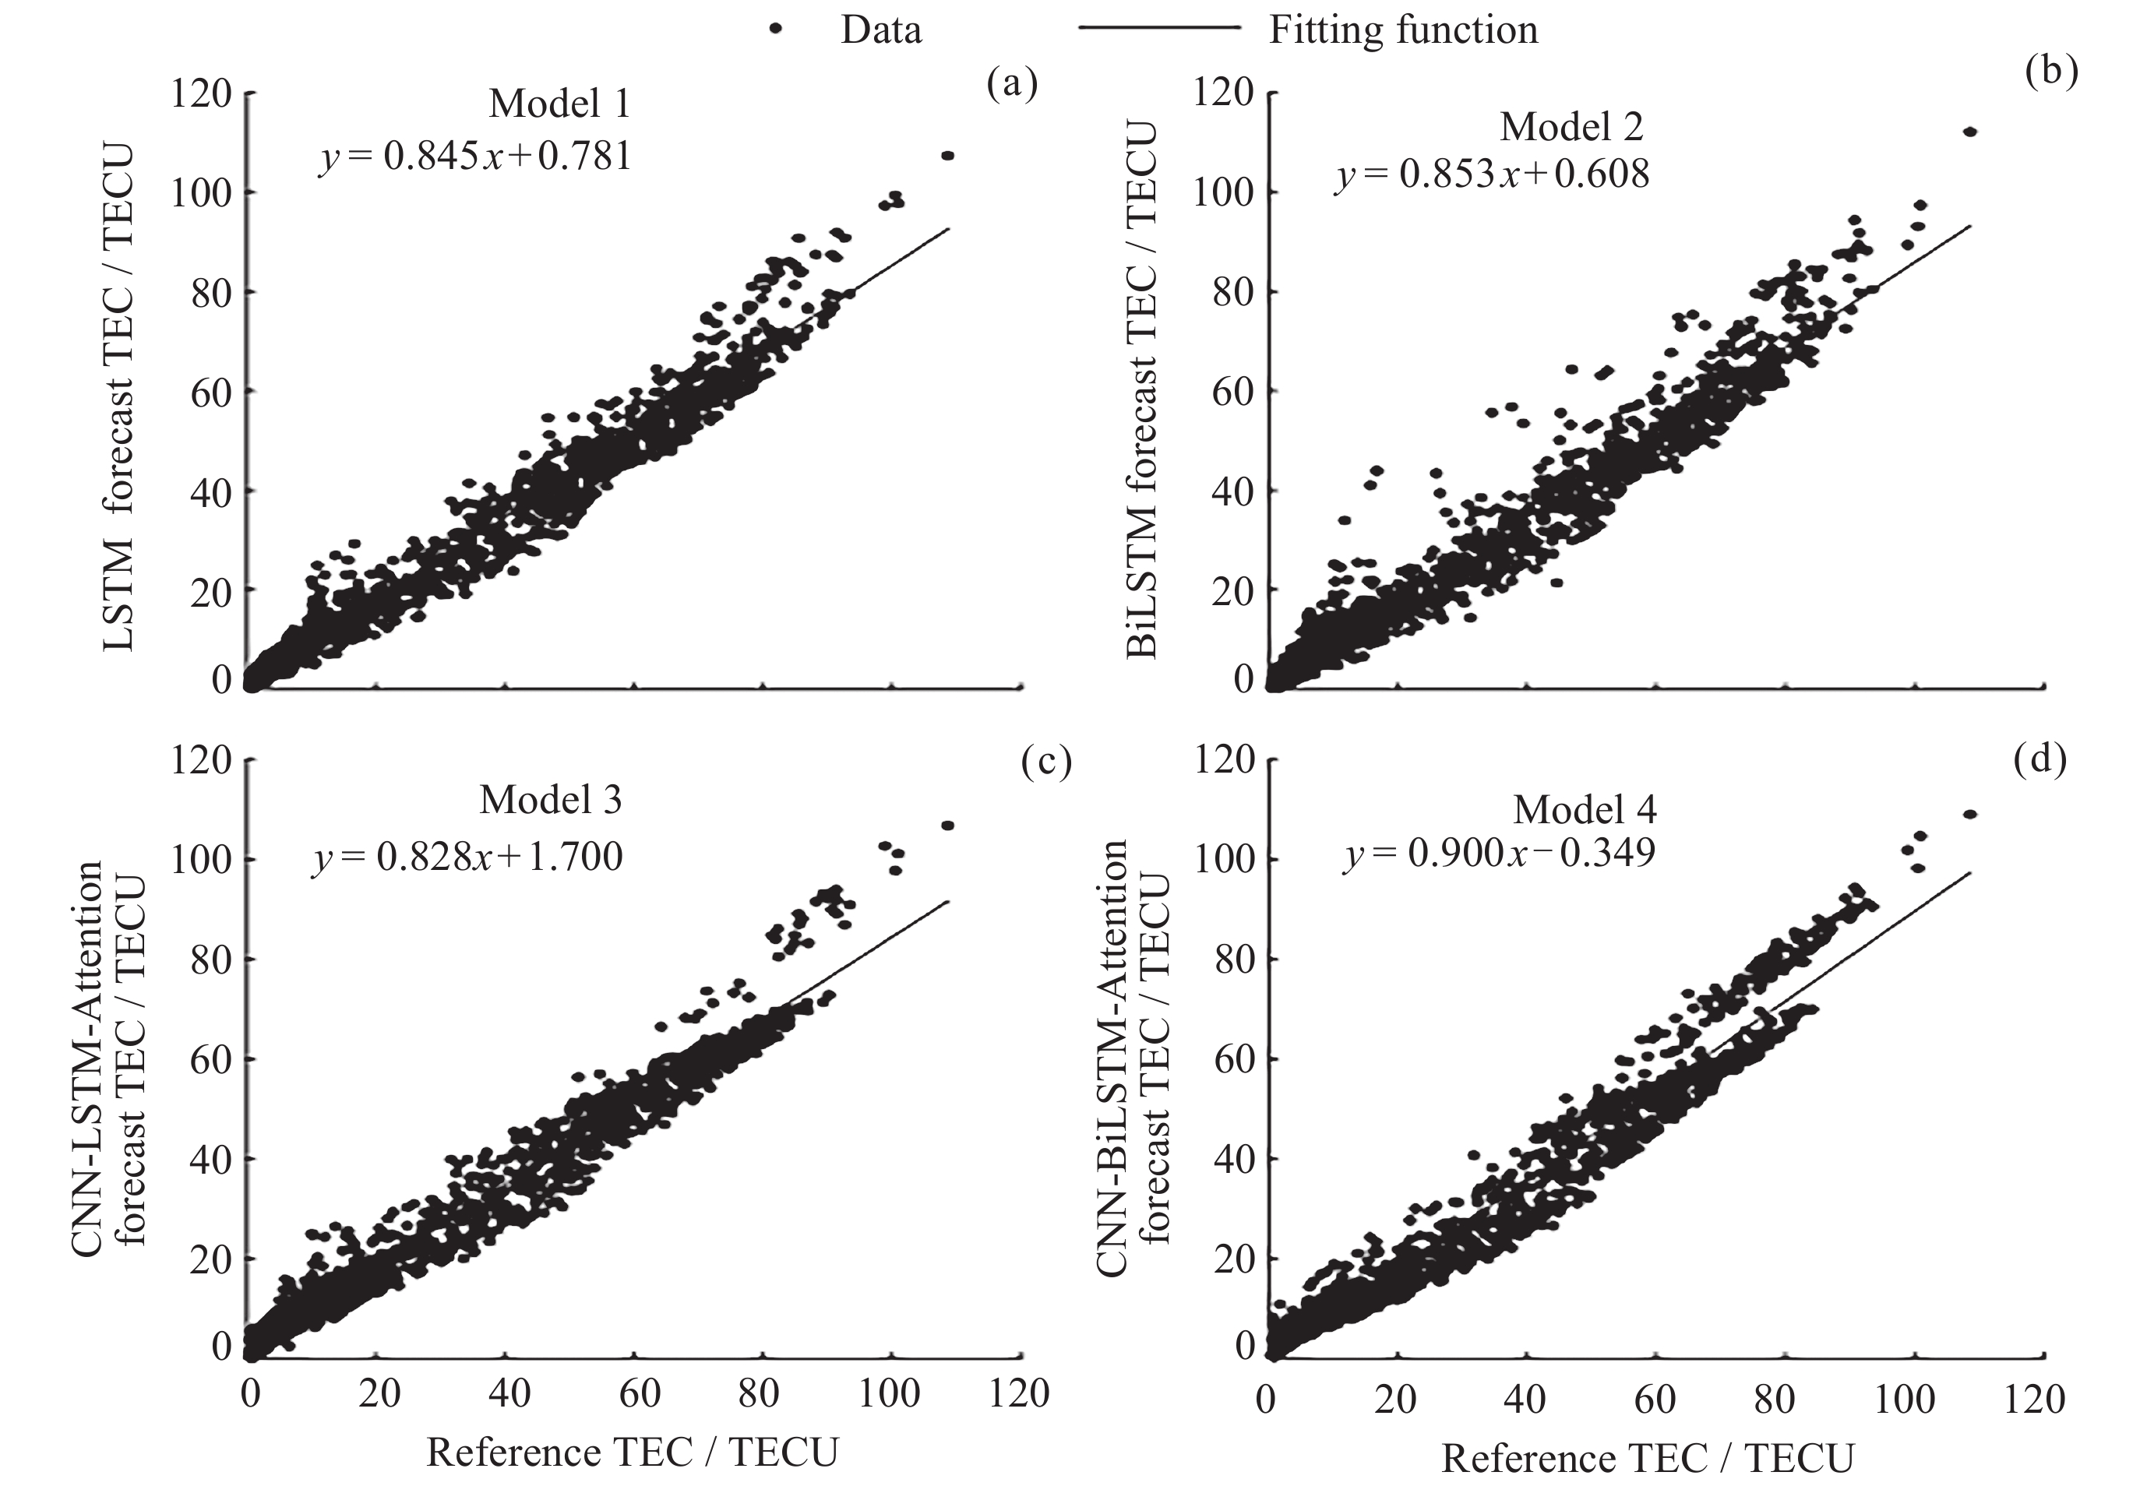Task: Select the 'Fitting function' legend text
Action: coord(1403,30)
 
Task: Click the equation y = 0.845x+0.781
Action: coord(476,156)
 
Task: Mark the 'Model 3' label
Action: coord(550,801)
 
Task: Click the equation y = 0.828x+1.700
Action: coord(467,857)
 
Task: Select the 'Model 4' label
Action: coord(1585,810)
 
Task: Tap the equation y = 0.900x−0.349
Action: coord(1499,854)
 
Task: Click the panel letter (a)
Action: coord(1012,84)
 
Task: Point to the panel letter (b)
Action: coord(2051,72)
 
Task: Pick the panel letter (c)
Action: coord(1045,762)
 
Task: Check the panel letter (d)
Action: coord(2039,760)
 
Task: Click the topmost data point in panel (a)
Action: coord(948,156)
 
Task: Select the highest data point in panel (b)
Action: coord(1969,132)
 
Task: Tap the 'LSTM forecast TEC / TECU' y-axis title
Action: coord(118,399)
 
